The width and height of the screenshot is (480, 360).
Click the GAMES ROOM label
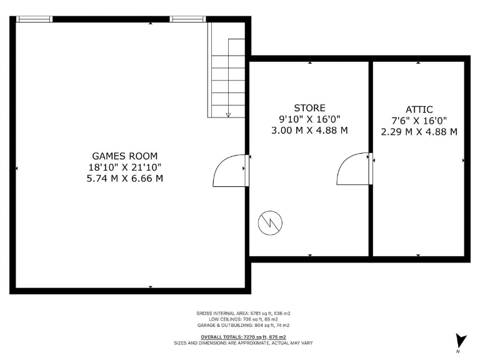(125, 156)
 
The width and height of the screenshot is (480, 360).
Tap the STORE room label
(310, 108)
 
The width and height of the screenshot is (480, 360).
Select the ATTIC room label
(419, 109)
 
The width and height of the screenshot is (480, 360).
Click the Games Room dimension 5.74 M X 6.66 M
(125, 178)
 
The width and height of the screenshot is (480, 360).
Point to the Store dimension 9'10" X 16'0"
(310, 119)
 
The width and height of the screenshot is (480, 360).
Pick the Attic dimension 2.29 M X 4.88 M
(419, 132)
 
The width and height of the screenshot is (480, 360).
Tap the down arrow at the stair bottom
(228, 114)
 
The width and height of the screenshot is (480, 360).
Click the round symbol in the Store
(270, 222)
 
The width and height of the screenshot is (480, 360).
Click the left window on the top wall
(34, 19)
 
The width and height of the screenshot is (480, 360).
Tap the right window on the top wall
(188, 19)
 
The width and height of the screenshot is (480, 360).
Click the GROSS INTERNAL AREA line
(243, 312)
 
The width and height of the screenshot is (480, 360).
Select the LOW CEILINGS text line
(243, 319)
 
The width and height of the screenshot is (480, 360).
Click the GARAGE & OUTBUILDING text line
(243, 325)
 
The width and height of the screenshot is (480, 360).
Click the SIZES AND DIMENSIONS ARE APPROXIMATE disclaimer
(243, 343)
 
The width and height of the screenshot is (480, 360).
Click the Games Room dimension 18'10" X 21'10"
(125, 167)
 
